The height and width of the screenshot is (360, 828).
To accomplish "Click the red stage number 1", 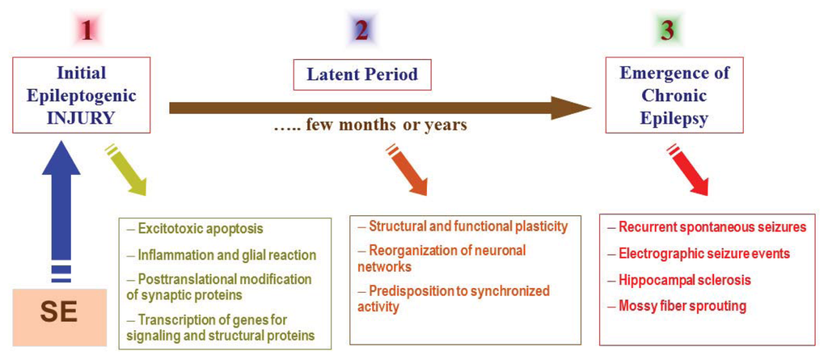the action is tap(87, 32).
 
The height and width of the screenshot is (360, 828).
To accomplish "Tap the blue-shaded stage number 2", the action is tap(361, 32).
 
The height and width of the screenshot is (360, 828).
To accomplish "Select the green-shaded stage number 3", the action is tap(667, 32).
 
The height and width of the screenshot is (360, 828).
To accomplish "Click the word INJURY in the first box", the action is tap(80, 118).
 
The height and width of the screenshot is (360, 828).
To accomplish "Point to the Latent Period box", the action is tap(362, 74).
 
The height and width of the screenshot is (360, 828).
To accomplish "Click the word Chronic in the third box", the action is tap(667, 96).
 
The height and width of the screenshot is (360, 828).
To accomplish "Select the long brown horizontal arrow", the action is tap(380, 108).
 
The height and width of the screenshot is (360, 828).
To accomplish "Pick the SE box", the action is tap(60, 317).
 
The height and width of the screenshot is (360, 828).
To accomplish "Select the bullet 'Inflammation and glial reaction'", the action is tap(222, 256).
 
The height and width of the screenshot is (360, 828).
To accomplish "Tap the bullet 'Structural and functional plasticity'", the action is tap(463, 227).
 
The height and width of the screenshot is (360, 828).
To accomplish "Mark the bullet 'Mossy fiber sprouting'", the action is tap(677, 306).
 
